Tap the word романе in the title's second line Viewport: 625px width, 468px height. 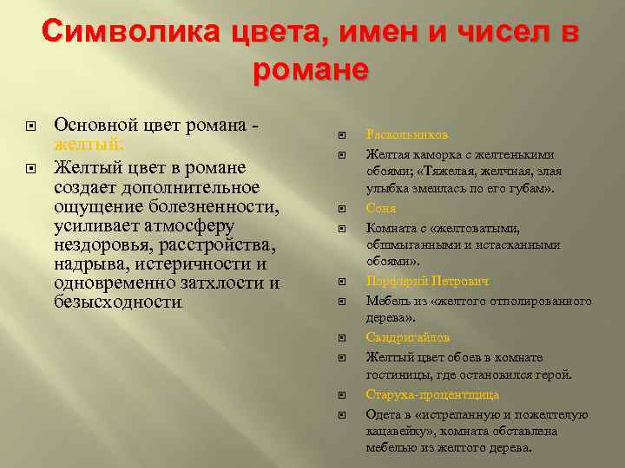tap(312, 68)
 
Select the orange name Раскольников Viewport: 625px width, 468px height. tap(406, 135)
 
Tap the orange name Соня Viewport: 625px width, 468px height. tap(381, 209)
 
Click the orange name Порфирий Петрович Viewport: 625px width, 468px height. tap(427, 282)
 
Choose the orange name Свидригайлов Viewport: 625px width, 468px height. tap(408, 337)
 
